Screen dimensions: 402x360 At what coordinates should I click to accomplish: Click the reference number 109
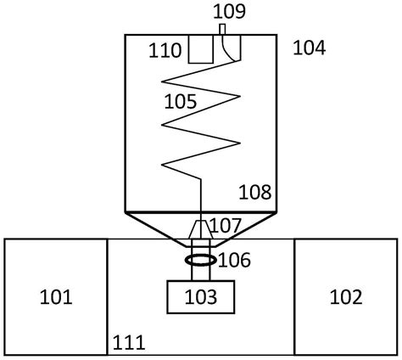229,12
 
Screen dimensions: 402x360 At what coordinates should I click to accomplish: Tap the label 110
165,50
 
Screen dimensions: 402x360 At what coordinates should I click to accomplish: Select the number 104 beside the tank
310,48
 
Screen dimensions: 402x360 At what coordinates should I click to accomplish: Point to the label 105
181,102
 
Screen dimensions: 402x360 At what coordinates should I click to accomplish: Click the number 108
255,192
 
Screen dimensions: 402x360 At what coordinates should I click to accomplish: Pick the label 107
226,225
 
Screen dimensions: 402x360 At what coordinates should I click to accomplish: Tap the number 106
234,260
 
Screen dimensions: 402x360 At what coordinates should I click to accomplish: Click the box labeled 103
201,297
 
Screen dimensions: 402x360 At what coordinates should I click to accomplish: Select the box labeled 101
56,297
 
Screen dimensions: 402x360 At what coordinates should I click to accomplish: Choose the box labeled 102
346,297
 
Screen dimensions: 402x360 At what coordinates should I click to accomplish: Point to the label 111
129,342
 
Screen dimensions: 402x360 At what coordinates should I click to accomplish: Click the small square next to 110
201,49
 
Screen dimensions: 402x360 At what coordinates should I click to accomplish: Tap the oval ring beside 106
201,260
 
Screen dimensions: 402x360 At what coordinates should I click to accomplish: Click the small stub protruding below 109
222,30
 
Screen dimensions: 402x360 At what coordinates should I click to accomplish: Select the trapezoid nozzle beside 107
201,229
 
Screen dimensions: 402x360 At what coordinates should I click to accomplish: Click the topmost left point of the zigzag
162,82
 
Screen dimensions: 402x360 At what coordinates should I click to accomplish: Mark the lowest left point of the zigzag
162,165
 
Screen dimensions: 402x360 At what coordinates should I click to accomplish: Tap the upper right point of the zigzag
240,97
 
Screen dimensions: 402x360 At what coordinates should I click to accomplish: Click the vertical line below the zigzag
201,195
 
